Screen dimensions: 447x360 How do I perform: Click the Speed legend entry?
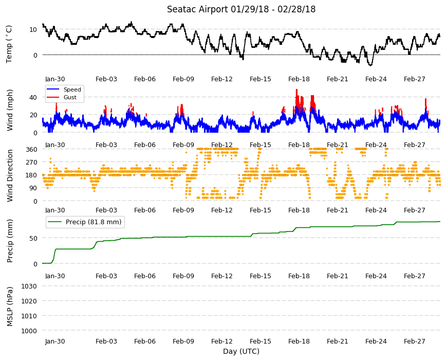click(72, 89)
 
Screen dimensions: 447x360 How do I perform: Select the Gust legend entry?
click(70, 97)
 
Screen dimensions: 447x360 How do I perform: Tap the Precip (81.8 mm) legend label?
click(94, 222)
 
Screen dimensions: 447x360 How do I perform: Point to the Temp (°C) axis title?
click(9, 44)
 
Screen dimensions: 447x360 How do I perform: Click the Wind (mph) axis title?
click(10, 110)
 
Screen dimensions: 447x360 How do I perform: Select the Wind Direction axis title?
click(10, 175)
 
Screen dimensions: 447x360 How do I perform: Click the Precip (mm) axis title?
click(10, 241)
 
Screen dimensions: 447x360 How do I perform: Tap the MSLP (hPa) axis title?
click(10, 307)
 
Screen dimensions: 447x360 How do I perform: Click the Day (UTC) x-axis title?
click(241, 351)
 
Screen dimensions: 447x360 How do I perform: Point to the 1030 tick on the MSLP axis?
click(29, 286)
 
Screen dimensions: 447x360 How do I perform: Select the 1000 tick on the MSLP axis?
click(29, 331)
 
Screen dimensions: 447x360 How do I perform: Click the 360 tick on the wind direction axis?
click(31, 150)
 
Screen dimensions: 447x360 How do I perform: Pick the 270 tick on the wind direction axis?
click(31, 163)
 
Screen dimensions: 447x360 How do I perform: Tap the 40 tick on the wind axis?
click(33, 98)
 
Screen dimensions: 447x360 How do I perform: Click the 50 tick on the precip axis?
click(33, 238)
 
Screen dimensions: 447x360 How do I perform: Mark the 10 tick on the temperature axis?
click(33, 29)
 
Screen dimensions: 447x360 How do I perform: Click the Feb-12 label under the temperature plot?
click(222, 79)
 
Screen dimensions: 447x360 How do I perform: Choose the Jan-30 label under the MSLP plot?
click(55, 341)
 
